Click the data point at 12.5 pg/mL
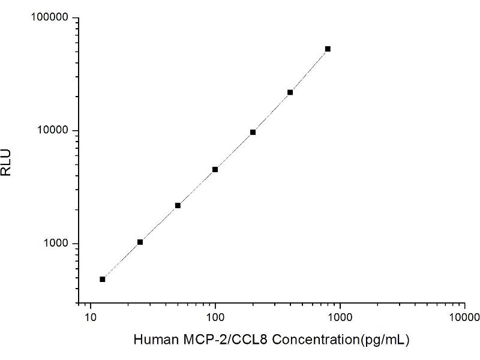coord(103,279)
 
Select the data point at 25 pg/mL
coord(140,242)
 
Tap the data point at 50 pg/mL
coord(178,205)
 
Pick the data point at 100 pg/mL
coord(215,169)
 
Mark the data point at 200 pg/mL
coord(253,132)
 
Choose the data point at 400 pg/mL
coord(290,92)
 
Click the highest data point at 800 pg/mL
coord(328,49)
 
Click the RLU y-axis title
coord(7,162)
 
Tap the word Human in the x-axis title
coord(151,340)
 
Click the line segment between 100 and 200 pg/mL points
coord(234,151)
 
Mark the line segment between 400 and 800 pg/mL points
coord(309,70)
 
